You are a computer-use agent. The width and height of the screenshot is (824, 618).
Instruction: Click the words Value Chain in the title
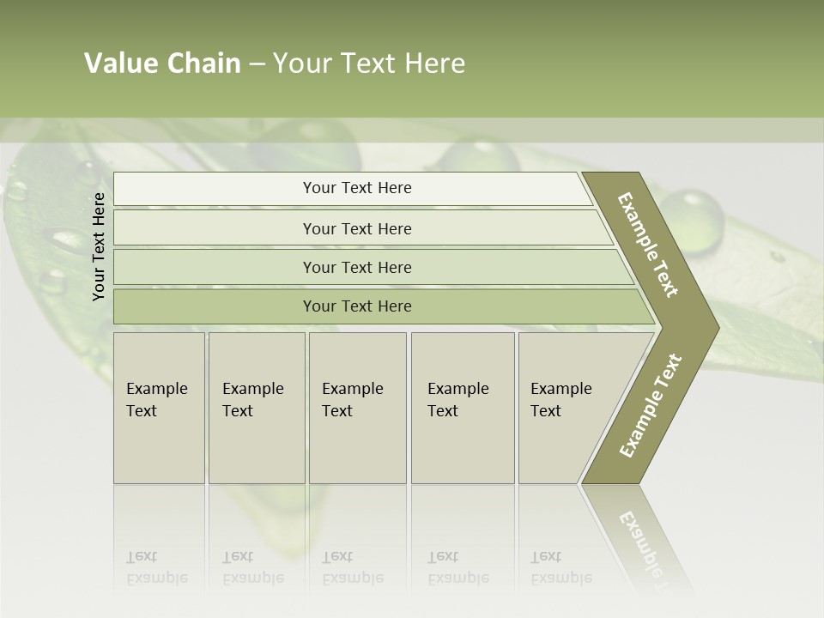(162, 64)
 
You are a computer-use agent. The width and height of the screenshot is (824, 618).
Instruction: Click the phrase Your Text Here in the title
(369, 64)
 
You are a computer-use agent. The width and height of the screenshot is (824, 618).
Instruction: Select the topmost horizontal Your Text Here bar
(356, 188)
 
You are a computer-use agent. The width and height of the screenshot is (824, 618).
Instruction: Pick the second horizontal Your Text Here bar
(356, 228)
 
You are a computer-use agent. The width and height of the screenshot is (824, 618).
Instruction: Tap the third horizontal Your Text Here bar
(356, 267)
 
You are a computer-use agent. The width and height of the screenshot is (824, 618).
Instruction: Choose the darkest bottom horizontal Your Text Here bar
(356, 306)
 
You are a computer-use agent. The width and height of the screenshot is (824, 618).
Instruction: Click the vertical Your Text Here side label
(99, 246)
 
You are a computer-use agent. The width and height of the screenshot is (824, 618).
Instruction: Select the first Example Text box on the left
(159, 408)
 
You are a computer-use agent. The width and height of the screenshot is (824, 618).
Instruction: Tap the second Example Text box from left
(256, 408)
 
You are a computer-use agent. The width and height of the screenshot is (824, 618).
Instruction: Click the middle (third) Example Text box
(356, 408)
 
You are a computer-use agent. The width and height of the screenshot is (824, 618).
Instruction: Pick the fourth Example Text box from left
(462, 408)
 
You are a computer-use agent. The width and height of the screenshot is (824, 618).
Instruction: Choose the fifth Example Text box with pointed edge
(566, 408)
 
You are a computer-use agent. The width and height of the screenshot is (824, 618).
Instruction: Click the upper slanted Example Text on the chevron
(648, 245)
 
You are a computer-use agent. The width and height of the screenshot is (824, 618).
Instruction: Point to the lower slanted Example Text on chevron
(651, 405)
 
